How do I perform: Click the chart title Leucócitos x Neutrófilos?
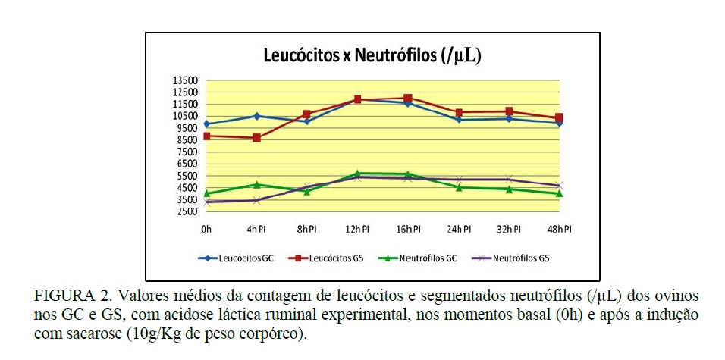372,55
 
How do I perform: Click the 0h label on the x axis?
206,229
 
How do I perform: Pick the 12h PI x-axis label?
357,229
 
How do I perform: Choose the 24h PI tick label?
458,229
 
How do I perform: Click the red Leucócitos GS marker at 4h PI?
257,138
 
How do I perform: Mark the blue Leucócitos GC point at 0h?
206,124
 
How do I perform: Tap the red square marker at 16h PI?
408,98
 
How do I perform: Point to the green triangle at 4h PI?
257,184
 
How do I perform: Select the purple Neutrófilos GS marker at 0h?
206,202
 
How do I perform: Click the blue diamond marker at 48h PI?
559,123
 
